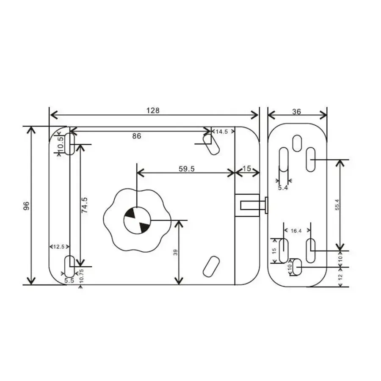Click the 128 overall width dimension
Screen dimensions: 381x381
[x=153, y=110]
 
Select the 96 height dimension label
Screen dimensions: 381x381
[x=26, y=206]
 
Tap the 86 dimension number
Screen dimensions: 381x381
[x=137, y=136]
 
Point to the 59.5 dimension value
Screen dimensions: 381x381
[x=187, y=168]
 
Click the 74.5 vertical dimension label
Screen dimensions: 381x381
[x=84, y=205]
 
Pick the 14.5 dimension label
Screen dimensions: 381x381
[x=222, y=132]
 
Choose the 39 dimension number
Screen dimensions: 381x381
[x=175, y=252]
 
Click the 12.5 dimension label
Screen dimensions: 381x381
[x=59, y=247]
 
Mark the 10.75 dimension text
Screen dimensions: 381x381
[x=81, y=276]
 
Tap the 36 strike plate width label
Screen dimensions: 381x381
[x=296, y=111]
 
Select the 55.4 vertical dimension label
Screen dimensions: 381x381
[x=337, y=204]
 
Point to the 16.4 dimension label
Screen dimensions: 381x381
[x=296, y=231]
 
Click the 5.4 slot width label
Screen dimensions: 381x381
[x=283, y=188]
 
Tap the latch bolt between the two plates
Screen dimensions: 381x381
[x=254, y=205]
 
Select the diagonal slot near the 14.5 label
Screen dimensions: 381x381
[x=211, y=144]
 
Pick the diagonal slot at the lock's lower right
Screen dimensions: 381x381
[x=211, y=267]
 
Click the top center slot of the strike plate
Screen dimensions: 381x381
[x=297, y=144]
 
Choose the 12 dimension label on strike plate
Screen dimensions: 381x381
[x=340, y=277]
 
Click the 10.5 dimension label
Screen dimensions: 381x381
[x=61, y=144]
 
